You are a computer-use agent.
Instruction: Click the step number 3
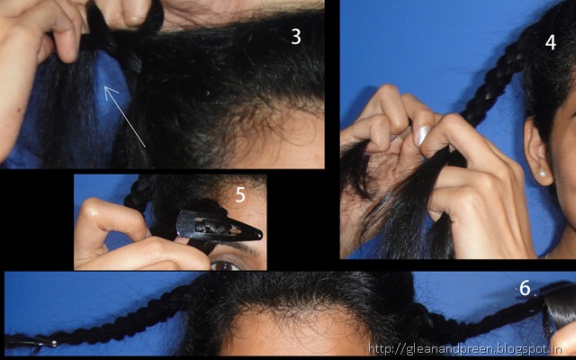tap(296, 37)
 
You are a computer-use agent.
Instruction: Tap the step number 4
tap(550, 42)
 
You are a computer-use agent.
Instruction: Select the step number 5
tap(240, 195)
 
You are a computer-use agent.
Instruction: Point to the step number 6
tap(525, 288)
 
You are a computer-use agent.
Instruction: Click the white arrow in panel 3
tap(125, 116)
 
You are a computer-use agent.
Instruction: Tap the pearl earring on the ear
tap(542, 174)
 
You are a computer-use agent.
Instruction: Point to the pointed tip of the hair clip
tap(261, 235)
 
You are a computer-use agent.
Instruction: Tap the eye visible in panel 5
tap(225, 265)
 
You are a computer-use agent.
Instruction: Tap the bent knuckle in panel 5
tap(92, 210)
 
